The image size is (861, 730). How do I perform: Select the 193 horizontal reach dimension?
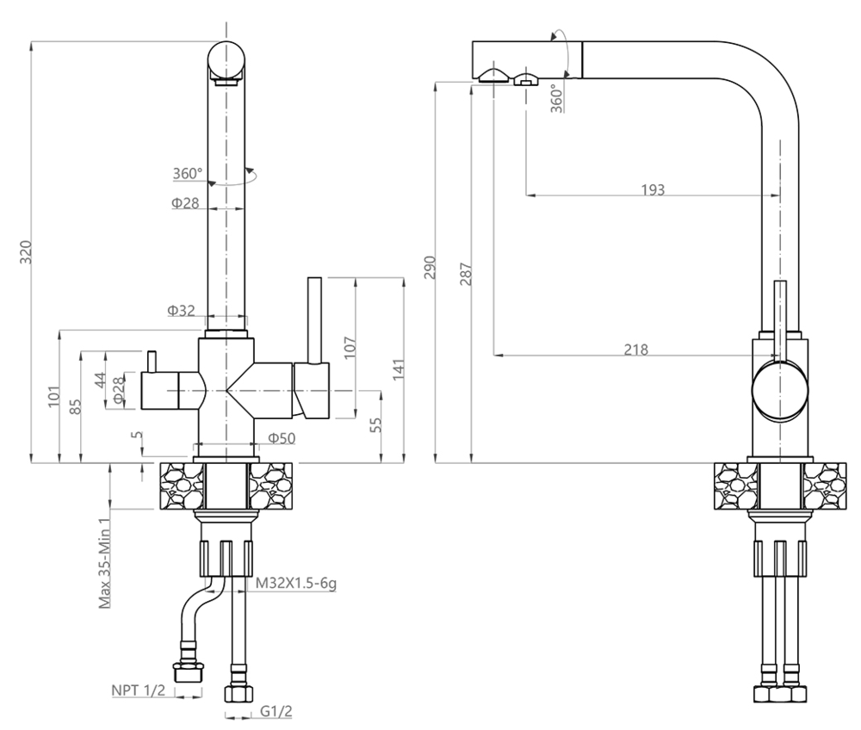point(653,189)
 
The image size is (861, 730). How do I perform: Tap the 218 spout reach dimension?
point(637,349)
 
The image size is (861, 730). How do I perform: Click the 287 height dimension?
point(465,274)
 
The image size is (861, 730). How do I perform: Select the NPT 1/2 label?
point(138,690)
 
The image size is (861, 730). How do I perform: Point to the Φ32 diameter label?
point(183,310)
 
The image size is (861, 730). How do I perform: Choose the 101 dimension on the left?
point(53,394)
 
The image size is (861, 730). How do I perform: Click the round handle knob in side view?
point(780,389)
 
